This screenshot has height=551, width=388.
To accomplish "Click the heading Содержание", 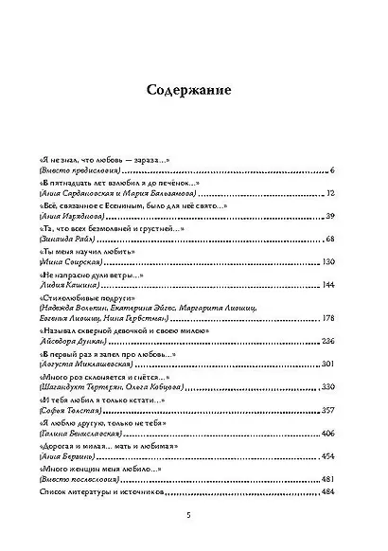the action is (x=193, y=91).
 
